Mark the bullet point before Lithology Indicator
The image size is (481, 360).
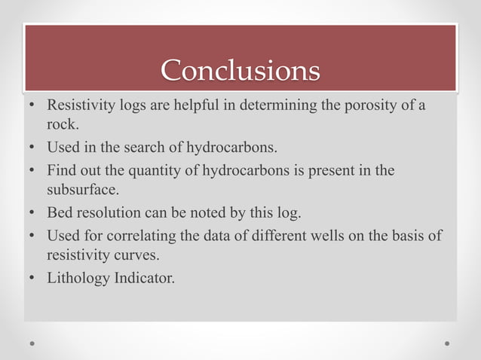coord(32,278)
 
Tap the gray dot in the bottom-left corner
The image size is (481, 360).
coord(33,343)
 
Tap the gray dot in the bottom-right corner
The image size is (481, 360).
coord(447,343)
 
